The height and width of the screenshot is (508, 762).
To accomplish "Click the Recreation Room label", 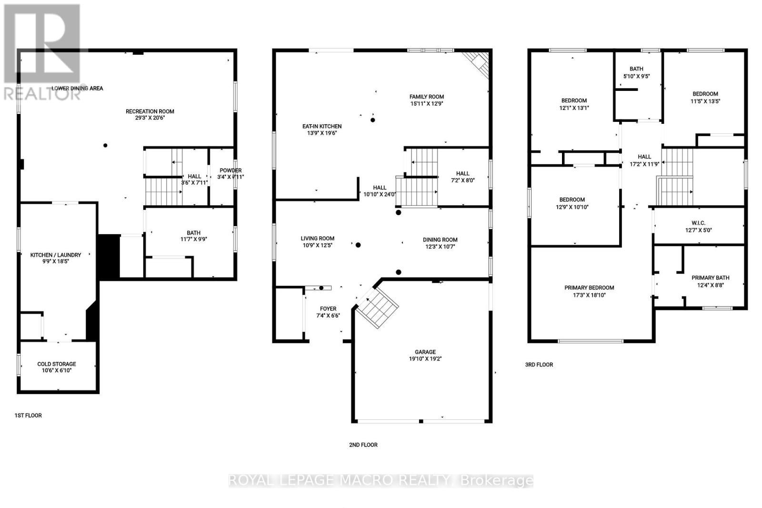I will click(150, 111).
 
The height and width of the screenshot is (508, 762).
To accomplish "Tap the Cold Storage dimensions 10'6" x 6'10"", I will click(57, 370).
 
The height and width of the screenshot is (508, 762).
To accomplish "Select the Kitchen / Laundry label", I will click(56, 255).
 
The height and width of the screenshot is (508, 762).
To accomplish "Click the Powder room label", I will click(230, 170).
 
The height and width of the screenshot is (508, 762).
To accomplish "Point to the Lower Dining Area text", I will click(77, 88).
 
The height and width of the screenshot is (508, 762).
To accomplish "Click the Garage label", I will click(425, 352).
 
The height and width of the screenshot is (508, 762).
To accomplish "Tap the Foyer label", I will click(328, 309).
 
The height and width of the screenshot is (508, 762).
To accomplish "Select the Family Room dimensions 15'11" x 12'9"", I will click(427, 103).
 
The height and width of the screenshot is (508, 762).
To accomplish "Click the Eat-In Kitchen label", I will click(322, 126).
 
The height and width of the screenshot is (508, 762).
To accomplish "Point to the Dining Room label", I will click(440, 240).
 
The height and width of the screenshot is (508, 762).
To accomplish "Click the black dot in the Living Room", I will click(358, 245).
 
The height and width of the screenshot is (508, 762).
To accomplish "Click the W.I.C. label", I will click(698, 223).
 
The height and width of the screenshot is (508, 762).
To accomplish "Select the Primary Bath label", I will click(710, 278).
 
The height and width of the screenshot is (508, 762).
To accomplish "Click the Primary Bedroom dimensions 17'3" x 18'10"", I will click(589, 295).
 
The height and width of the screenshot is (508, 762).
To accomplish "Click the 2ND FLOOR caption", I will click(363, 445).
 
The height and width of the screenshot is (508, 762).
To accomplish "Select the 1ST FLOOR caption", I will click(28, 415).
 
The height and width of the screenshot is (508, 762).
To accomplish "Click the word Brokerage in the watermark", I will click(496, 480).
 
